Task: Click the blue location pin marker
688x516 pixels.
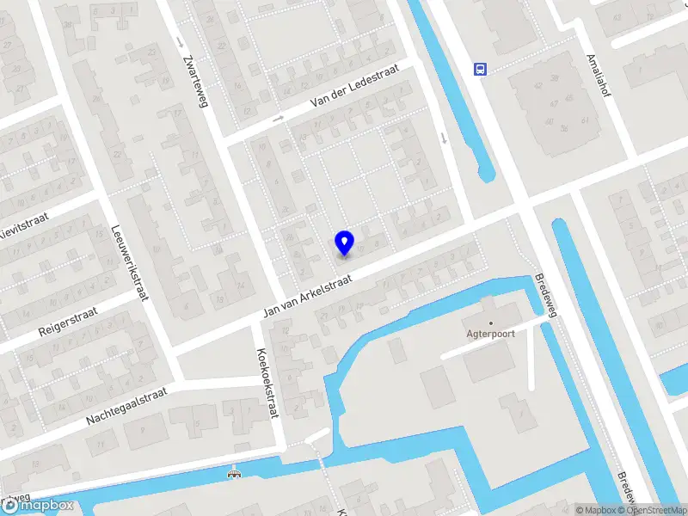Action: point(344,243)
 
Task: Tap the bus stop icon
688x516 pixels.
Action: point(481,69)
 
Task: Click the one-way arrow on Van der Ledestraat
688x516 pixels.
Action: point(278,119)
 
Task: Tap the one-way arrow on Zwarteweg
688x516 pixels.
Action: point(179,41)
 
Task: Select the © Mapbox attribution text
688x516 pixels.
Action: point(595,510)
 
